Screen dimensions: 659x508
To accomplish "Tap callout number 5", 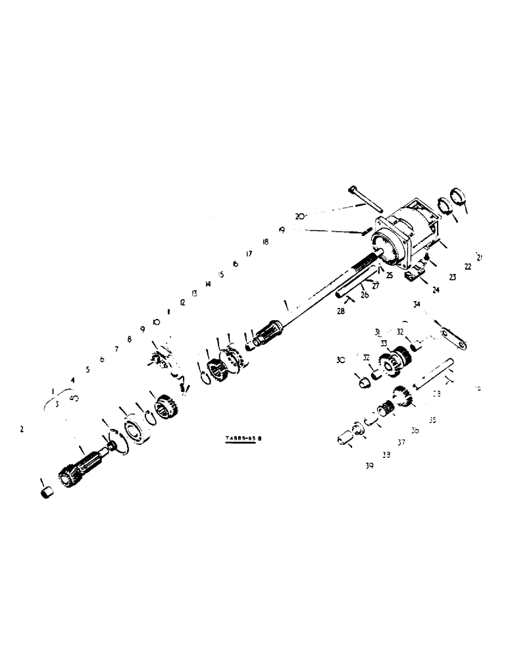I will coord(88,370).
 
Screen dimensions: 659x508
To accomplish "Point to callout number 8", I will coord(130,339).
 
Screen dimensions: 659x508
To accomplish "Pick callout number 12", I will coord(182,302).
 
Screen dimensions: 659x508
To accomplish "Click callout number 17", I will coord(249,253).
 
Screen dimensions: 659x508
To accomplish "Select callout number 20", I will coord(301,215).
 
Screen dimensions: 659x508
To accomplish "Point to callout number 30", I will coord(340,360).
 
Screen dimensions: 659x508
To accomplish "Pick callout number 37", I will coord(401,442).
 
